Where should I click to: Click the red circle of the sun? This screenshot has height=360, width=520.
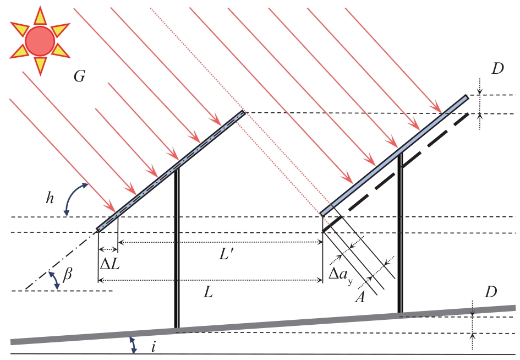coord(40,40)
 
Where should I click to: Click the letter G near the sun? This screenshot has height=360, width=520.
coord(79,77)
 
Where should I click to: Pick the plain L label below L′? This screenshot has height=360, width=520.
coord(207,292)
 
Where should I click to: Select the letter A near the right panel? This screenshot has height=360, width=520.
coord(360,297)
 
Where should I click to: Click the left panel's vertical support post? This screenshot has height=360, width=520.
coord(177,248)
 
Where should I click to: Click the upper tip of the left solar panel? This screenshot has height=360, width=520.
coord(243,112)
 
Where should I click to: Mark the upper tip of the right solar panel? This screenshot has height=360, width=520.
coord(467,97)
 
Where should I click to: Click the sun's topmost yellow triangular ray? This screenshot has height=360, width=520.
coord(40,15)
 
